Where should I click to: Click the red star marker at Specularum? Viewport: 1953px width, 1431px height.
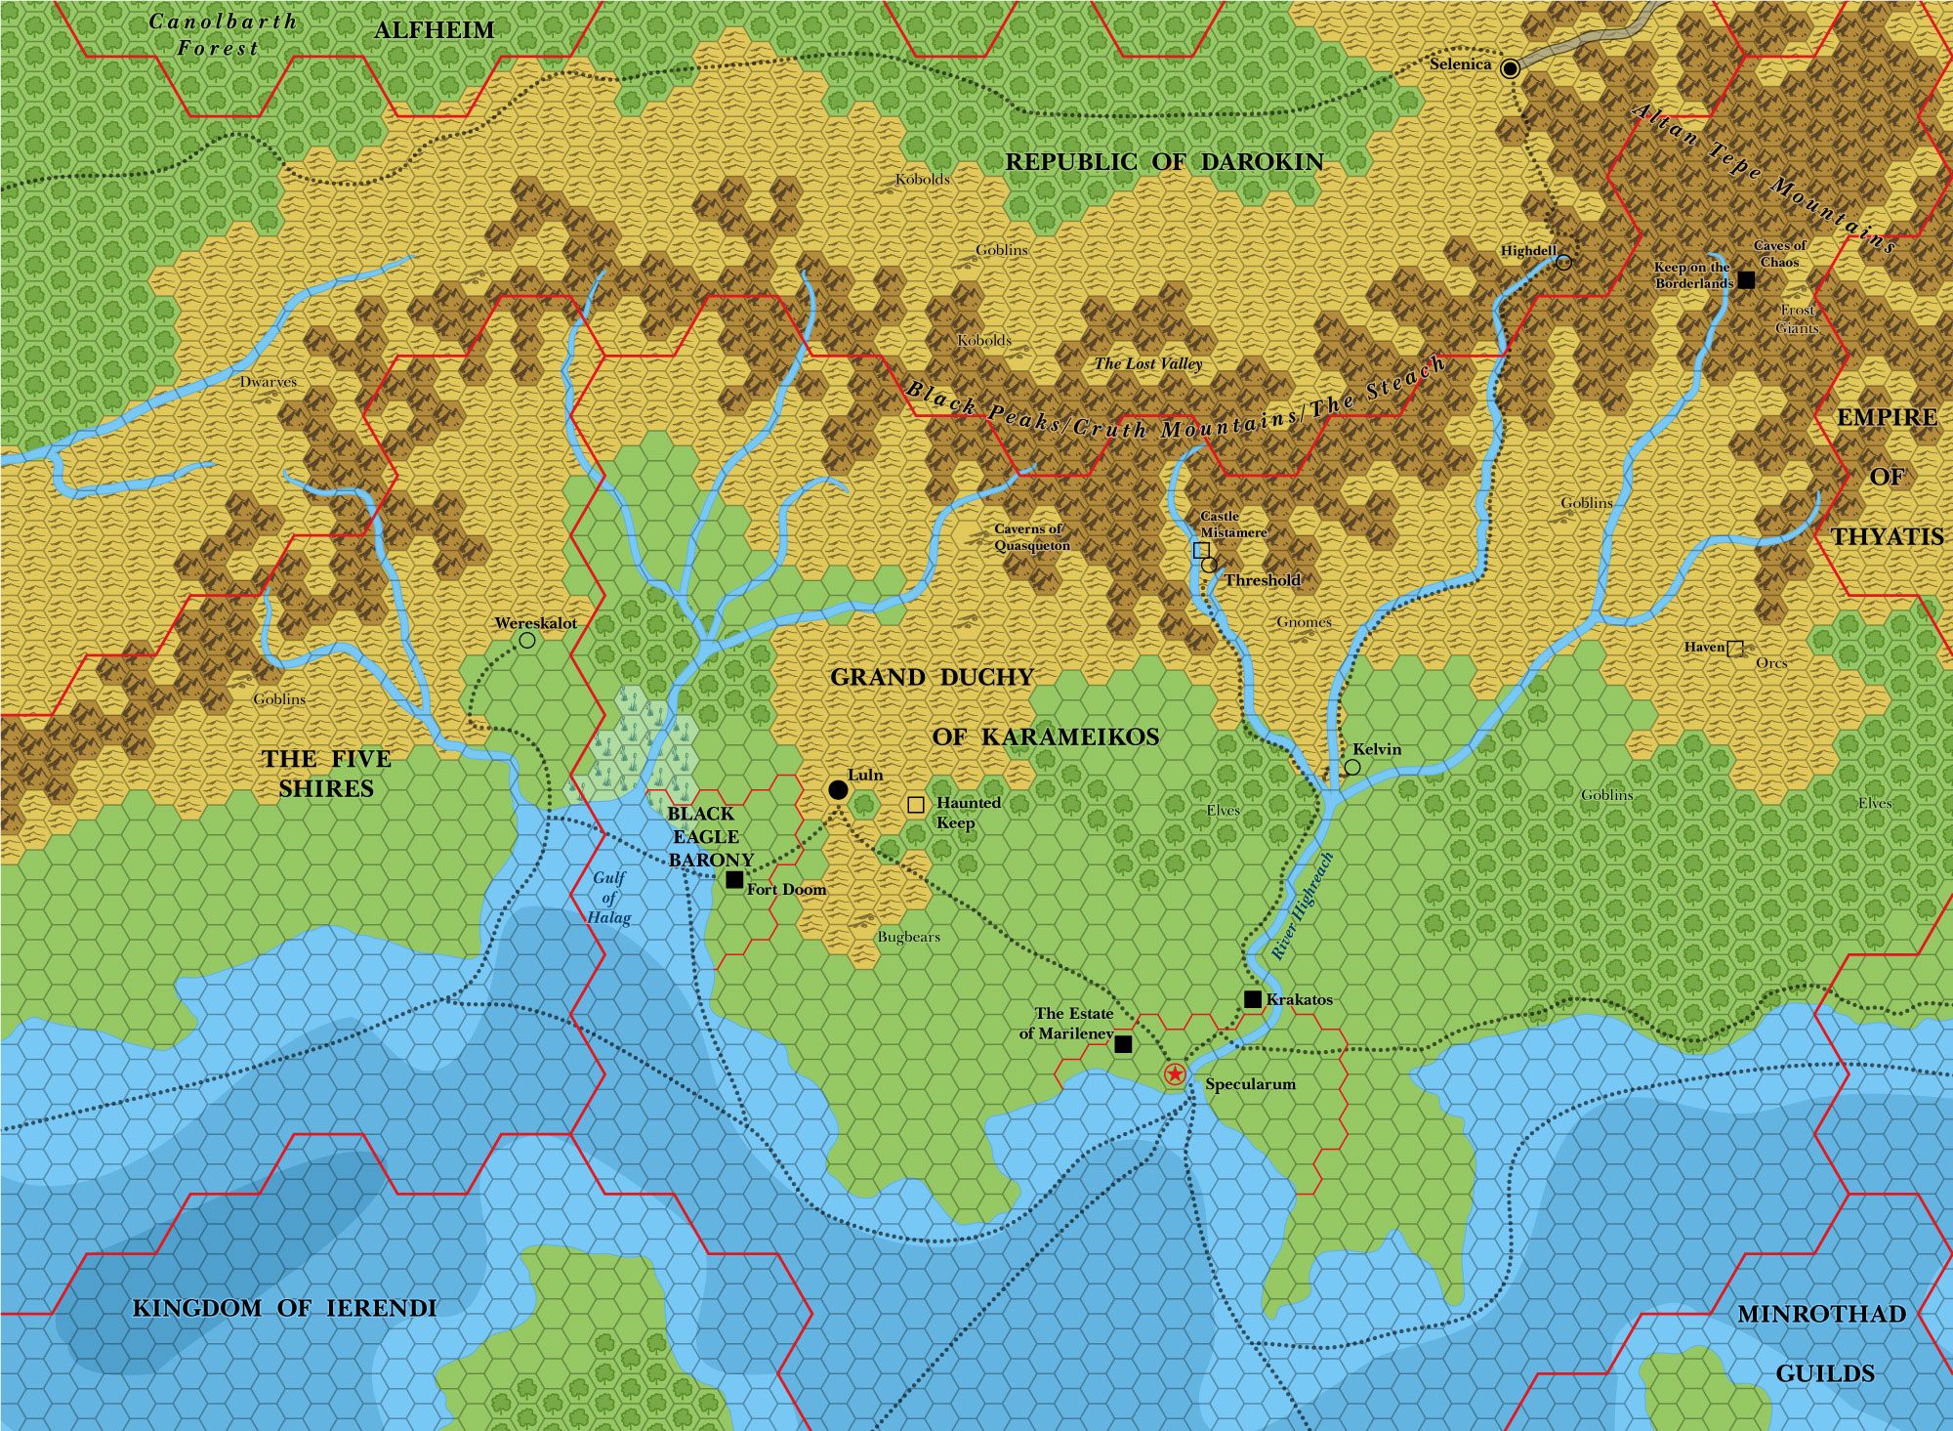point(1175,1075)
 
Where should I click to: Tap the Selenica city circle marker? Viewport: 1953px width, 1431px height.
point(1511,68)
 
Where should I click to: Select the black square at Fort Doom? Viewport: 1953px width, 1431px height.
point(734,880)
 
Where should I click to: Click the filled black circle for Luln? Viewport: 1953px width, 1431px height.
point(838,789)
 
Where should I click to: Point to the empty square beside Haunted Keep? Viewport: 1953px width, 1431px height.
point(916,805)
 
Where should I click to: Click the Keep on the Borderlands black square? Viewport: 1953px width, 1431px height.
point(1746,280)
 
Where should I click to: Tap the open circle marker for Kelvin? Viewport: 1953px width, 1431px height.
point(1352,768)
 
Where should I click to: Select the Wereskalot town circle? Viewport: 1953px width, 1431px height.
point(527,641)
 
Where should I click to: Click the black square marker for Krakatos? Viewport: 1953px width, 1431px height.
point(1253,999)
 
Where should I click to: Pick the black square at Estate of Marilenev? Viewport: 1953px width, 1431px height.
point(1123,1044)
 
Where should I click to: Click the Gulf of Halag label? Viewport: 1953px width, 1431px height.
point(609,898)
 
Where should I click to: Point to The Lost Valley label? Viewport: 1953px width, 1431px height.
point(1148,363)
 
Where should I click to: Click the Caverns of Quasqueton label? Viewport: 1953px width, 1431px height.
point(1031,537)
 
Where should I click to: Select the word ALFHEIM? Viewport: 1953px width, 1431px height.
point(435,30)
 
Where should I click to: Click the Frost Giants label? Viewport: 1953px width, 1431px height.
point(1797,318)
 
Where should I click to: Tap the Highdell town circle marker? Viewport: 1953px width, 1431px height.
point(1563,262)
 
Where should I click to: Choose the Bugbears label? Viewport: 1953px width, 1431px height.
point(908,937)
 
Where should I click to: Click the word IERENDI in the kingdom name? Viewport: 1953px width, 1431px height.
point(381,1308)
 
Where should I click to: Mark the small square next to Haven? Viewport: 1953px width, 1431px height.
point(1735,648)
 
